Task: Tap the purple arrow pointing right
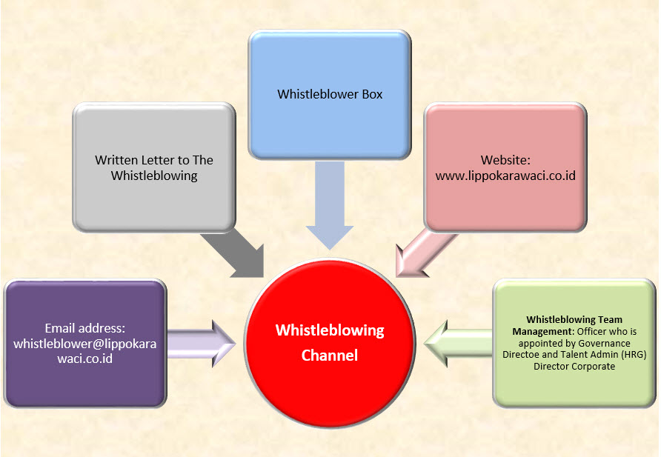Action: pos(200,343)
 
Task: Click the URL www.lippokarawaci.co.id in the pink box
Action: pos(505,176)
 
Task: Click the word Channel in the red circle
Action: pos(330,356)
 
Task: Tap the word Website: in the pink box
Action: pos(505,160)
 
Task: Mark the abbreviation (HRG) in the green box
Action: pos(634,355)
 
